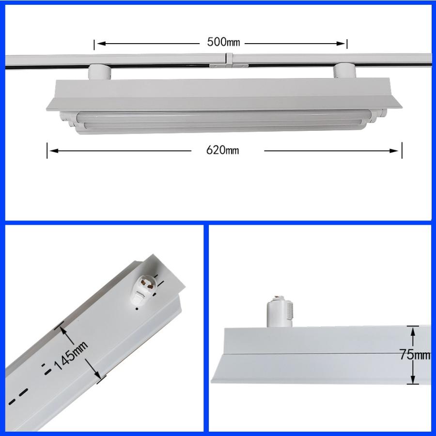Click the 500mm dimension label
pyautogui.click(x=223, y=42)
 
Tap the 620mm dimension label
pyautogui.click(x=222, y=150)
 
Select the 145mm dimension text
pyautogui.click(x=71, y=356)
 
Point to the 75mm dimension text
pyautogui.click(x=415, y=355)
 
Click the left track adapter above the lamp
pyautogui.click(x=99, y=72)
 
